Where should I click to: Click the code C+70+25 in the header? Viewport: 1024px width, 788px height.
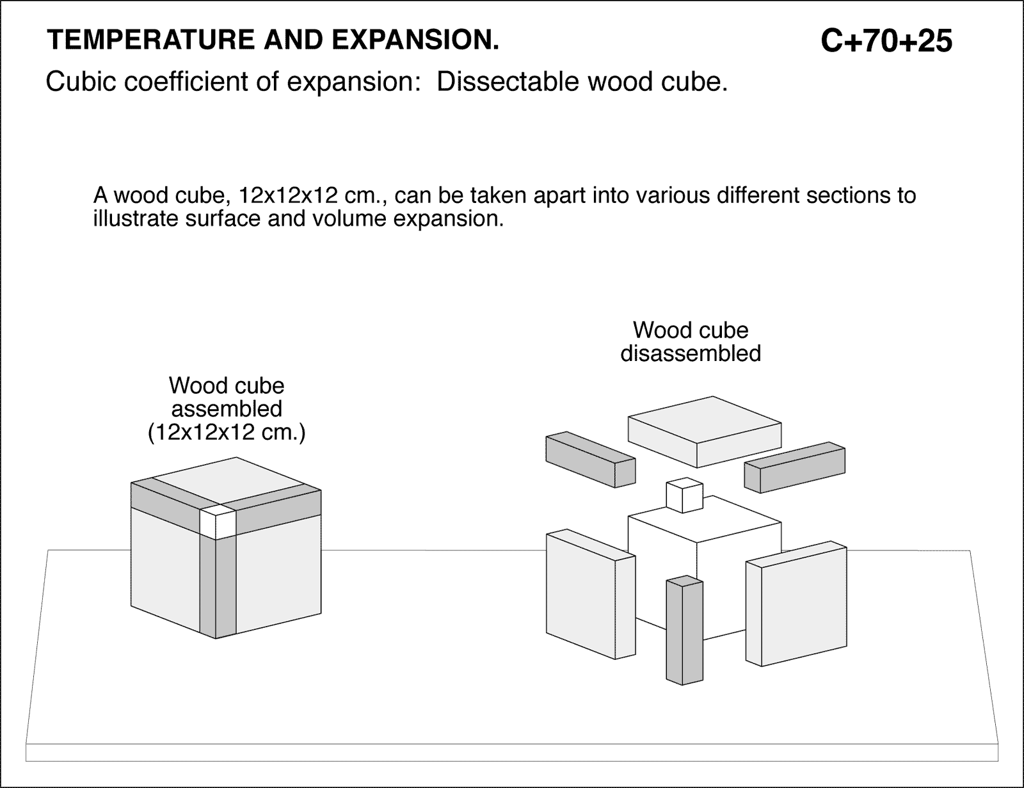tap(886, 41)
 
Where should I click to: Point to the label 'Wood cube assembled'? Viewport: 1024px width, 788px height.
tap(226, 397)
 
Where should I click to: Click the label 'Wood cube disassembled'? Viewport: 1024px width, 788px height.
tap(691, 342)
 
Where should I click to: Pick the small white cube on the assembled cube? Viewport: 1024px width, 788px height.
tap(216, 522)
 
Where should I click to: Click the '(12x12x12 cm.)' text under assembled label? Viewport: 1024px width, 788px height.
tap(226, 433)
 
